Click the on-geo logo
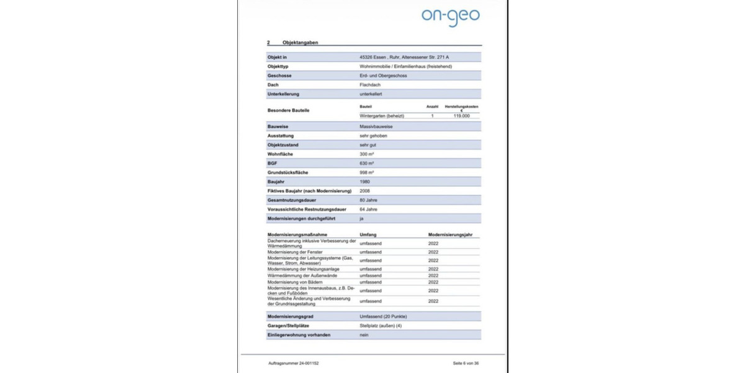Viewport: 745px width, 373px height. (450, 16)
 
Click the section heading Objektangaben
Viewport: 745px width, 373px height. (300, 42)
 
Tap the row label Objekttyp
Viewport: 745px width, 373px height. (278, 66)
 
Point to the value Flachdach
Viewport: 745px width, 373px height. (371, 85)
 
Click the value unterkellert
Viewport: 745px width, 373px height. (372, 94)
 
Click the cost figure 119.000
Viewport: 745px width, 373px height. (461, 116)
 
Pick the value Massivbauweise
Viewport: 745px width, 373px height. (376, 126)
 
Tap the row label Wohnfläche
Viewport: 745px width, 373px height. (280, 154)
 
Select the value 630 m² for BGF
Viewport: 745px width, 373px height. (366, 163)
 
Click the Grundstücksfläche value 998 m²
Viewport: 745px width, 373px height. (366, 172)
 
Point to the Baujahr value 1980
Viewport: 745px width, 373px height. (364, 182)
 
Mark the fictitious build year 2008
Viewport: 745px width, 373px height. (364, 191)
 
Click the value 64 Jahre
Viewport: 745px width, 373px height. (368, 210)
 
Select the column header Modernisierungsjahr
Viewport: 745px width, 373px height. (454, 234)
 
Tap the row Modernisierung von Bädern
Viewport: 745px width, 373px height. (294, 282)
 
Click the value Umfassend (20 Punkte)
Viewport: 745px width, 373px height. (383, 316)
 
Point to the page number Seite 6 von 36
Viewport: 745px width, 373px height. (466, 362)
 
